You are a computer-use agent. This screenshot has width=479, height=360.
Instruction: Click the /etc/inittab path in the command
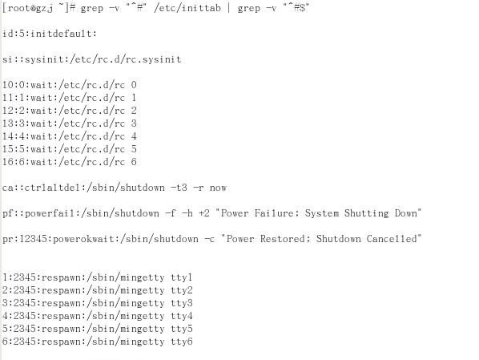[187, 8]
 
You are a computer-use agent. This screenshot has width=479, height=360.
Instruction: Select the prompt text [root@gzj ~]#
[38, 8]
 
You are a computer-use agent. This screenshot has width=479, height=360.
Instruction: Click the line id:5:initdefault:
[50, 34]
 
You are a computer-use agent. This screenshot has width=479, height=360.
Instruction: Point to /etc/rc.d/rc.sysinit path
[126, 59]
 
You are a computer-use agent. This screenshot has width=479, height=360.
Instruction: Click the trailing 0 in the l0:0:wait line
[134, 85]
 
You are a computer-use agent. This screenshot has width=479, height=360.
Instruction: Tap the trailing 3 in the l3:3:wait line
[134, 123]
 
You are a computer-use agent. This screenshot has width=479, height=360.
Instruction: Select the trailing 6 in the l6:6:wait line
[134, 162]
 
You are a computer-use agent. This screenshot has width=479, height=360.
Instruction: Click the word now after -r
[218, 188]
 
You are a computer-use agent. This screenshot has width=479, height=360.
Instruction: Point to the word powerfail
[50, 213]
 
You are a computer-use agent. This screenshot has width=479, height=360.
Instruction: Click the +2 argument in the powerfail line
[204, 213]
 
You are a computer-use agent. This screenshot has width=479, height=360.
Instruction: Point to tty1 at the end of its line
[182, 277]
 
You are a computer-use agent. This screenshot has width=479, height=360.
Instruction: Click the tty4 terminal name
[182, 316]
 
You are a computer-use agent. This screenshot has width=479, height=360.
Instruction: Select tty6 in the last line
[182, 342]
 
